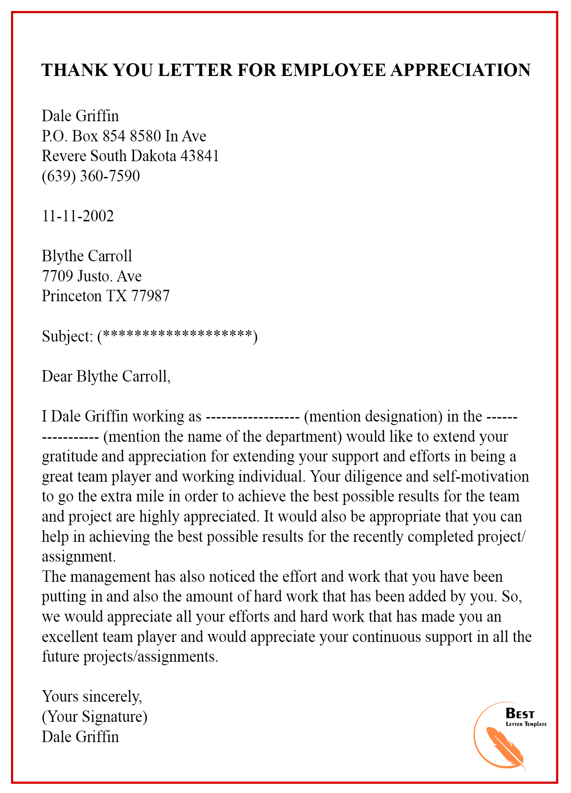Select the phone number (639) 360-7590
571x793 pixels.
pyautogui.click(x=91, y=176)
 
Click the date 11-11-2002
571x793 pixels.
pyautogui.click(x=78, y=216)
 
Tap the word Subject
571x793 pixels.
pyautogui.click(x=66, y=336)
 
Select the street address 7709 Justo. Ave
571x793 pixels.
pyautogui.click(x=92, y=276)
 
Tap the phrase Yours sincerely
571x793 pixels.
pyautogui.click(x=92, y=696)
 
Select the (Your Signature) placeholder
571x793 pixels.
pyautogui.click(x=94, y=717)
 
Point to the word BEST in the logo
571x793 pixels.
pyautogui.click(x=520, y=713)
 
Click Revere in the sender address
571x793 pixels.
pyautogui.click(x=64, y=156)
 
